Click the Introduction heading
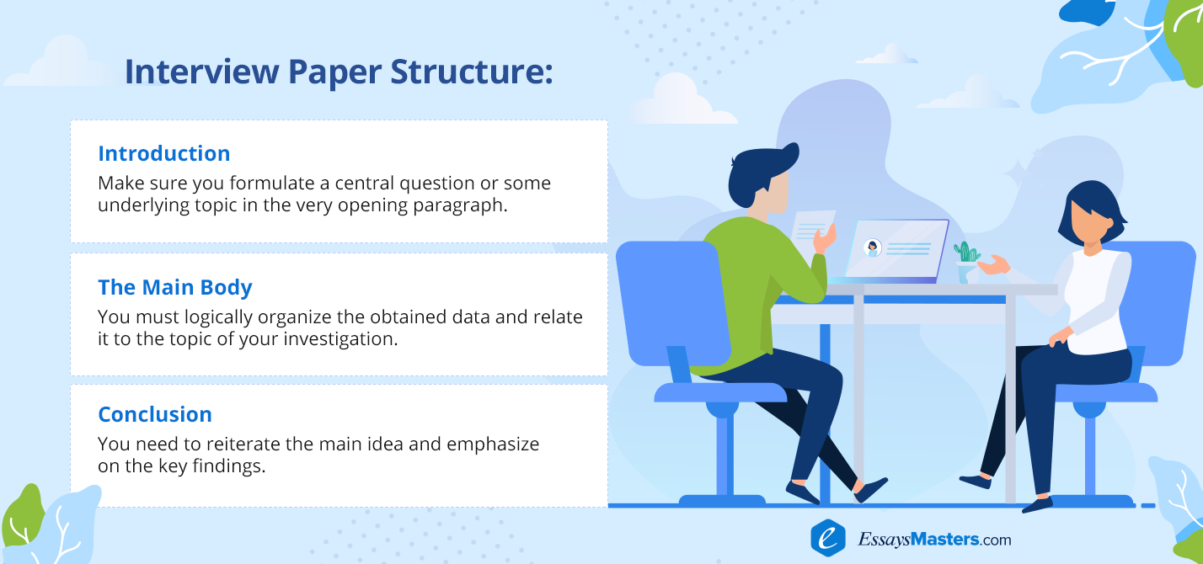[x=163, y=153]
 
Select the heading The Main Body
[x=175, y=288]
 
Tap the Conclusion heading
[x=155, y=414]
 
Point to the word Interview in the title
[x=202, y=72]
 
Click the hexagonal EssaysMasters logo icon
[x=828, y=537]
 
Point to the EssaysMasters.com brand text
[x=934, y=539]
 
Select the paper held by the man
[x=811, y=231]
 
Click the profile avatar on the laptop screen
[x=873, y=248]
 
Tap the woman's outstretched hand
[x=993, y=265]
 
